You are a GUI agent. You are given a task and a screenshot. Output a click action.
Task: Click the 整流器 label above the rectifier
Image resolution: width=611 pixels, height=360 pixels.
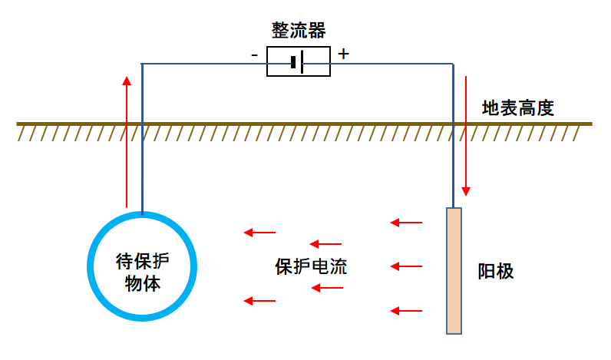click(299, 31)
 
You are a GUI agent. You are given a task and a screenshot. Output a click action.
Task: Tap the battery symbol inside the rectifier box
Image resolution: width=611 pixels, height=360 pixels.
click(297, 61)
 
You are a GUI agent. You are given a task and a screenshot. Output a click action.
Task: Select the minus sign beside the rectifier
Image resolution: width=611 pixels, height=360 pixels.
click(254, 55)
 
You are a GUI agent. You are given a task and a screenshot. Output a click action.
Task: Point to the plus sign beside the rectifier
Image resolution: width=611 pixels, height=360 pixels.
click(343, 54)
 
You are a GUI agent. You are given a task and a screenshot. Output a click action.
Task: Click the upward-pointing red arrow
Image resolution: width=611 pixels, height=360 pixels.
click(127, 142)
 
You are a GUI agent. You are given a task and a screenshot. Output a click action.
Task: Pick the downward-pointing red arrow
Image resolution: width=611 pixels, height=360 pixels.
click(466, 136)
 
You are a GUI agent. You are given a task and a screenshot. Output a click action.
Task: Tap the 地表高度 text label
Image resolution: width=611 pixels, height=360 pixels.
click(518, 108)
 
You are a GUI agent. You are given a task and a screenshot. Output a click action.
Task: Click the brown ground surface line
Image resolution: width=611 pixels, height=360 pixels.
click(304, 124)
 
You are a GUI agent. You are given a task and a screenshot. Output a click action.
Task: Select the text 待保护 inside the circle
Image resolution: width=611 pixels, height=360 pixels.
click(142, 261)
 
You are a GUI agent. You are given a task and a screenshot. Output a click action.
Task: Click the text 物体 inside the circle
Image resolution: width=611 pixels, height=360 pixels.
click(142, 283)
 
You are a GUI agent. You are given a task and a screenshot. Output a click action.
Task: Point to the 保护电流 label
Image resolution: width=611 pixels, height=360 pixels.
click(311, 267)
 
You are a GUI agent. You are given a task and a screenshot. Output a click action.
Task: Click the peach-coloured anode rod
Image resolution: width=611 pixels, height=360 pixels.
click(454, 271)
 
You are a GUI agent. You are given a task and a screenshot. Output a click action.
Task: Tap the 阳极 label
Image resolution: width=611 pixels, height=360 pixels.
click(496, 271)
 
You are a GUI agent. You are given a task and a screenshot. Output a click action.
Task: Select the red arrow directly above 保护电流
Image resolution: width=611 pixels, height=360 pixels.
click(325, 244)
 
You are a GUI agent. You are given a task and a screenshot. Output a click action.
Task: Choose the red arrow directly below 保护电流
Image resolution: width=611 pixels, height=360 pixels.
click(327, 288)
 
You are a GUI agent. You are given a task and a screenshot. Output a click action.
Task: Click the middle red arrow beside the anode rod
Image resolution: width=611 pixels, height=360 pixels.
click(406, 266)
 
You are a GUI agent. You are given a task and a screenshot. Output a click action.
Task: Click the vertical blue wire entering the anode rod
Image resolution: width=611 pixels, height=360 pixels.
click(453, 136)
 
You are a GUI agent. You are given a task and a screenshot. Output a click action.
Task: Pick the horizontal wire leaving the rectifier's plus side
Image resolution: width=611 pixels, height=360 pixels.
click(392, 64)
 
